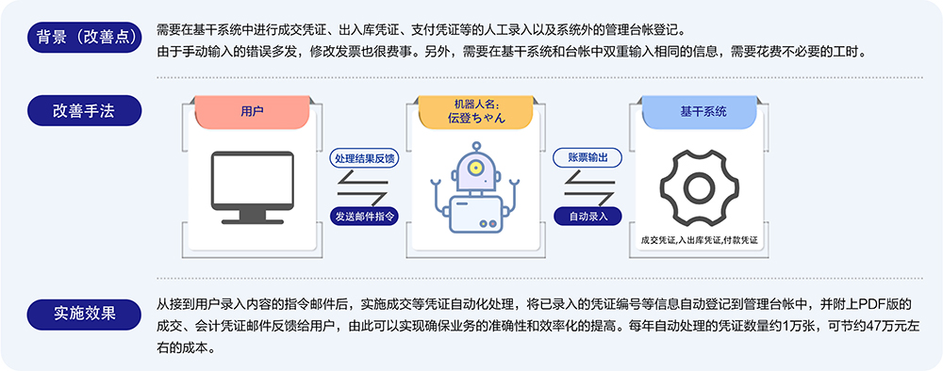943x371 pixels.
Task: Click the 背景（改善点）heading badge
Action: pos(85,38)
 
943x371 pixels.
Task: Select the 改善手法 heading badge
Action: pos(85,111)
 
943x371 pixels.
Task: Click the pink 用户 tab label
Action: pos(252,111)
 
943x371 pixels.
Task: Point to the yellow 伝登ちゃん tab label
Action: pos(475,111)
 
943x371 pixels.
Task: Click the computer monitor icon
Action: pos(253,187)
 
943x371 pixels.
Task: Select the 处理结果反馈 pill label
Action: pos(364,158)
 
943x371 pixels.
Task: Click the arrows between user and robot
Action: pos(363,186)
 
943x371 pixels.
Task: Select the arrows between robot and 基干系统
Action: pos(587,186)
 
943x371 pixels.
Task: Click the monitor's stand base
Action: pos(253,221)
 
